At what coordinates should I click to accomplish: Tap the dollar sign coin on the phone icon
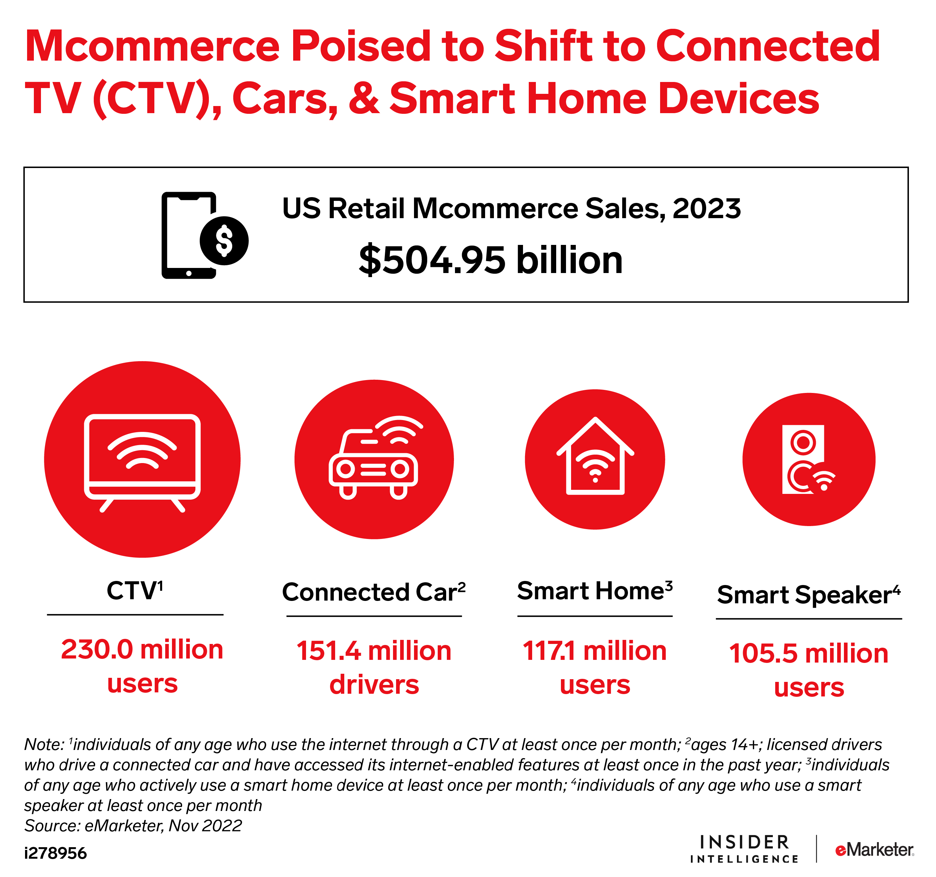[224, 241]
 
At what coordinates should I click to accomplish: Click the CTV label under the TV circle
[135, 590]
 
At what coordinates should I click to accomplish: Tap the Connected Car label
[374, 591]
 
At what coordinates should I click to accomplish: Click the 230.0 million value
[142, 649]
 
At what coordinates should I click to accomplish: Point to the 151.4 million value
[374, 650]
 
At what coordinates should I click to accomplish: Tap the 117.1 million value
[595, 650]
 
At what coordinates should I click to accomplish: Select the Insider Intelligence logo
[744, 849]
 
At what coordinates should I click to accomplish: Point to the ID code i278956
[56, 853]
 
